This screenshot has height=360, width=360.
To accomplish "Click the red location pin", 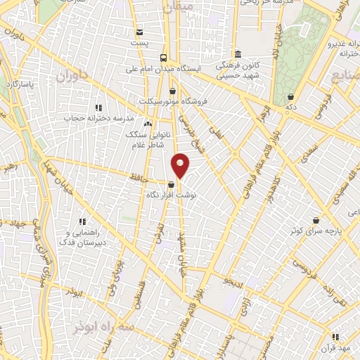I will (181, 165).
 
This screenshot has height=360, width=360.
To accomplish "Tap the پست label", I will (140, 42).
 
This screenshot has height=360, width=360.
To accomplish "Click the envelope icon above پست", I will (139, 32).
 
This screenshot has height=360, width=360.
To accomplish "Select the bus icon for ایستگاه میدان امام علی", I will (163, 58).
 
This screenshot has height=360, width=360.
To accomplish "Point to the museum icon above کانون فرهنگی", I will (238, 54).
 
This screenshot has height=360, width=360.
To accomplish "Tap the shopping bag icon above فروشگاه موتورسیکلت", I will (173, 91).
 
